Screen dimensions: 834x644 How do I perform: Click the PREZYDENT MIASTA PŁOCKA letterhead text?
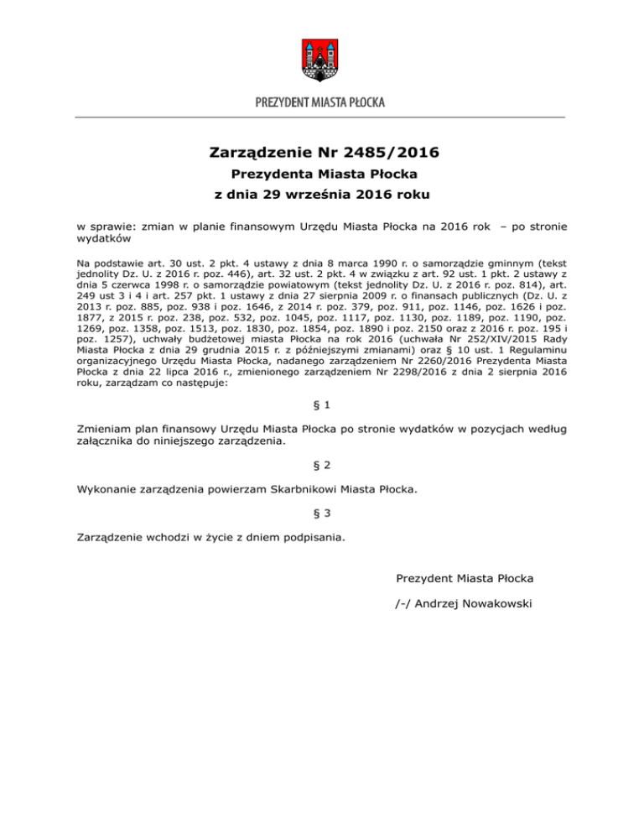coord(321,103)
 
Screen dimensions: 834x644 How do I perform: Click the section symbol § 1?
coord(321,405)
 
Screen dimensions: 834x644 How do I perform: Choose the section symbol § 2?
coord(321,464)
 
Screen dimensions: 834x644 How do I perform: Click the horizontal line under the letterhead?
coord(321,117)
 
